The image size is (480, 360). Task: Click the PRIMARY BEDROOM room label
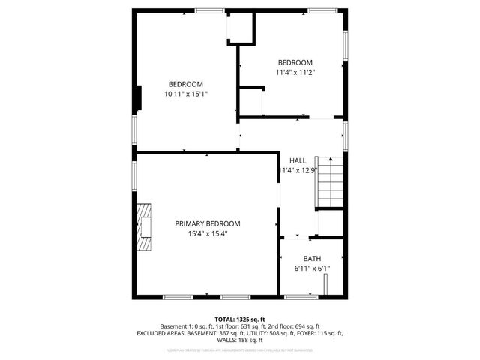point(208,223)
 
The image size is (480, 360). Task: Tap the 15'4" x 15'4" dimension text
point(208,234)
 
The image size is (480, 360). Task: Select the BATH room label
point(312,258)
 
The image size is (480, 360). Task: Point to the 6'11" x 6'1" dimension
point(312,268)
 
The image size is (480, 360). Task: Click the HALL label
point(298,160)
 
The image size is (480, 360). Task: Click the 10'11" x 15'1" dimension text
point(185,94)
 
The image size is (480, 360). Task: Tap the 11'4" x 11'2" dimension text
point(295,73)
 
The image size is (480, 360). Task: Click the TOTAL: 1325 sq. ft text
point(240,319)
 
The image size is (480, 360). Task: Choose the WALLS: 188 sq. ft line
point(240,340)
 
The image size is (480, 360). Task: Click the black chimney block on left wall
point(138,98)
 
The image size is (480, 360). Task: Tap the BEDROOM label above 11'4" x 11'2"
point(295,62)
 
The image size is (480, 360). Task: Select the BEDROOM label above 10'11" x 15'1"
point(185,83)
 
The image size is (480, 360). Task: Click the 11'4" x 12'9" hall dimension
point(299,170)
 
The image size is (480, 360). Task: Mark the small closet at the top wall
point(241,28)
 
